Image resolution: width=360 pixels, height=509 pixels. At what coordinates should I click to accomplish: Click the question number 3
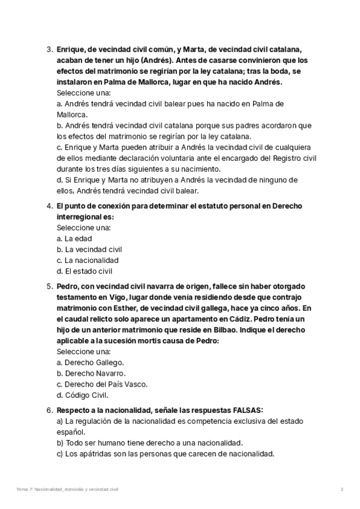[49, 49]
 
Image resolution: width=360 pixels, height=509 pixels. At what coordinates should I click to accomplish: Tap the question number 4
[49, 206]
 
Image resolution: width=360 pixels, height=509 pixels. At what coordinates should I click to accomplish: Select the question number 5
[49, 287]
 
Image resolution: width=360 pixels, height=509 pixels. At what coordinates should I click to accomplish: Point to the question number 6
[49, 411]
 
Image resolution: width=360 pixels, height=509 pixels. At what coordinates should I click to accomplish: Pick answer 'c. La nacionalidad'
[88, 261]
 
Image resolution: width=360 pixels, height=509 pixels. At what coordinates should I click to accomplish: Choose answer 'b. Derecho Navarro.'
[91, 373]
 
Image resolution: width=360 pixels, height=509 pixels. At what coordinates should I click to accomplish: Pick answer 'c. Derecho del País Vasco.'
[101, 384]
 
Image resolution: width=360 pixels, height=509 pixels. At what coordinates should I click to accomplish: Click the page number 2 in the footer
[341, 490]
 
